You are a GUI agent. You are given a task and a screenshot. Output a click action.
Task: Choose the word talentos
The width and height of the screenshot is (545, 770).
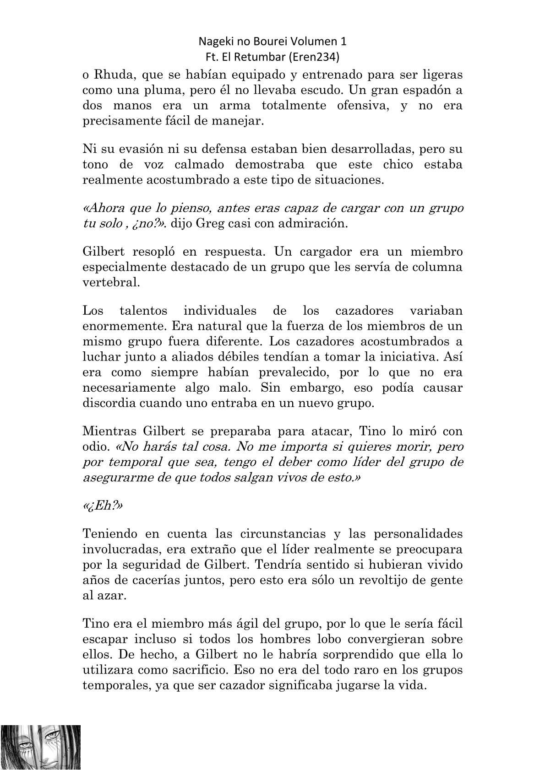point(143,311)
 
